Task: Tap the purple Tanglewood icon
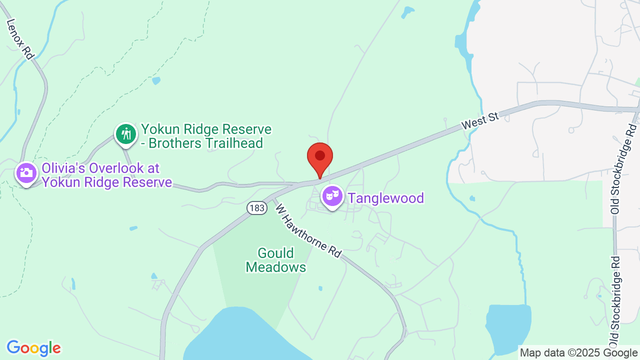tap(331, 196)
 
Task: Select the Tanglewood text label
tap(386, 198)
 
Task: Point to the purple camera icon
tap(26, 173)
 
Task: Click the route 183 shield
tap(257, 208)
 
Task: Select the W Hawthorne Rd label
tap(308, 230)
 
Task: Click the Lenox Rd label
tap(20, 39)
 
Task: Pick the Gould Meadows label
tap(276, 260)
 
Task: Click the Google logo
tap(33, 348)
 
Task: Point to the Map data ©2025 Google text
tap(578, 352)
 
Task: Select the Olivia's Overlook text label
tap(107, 175)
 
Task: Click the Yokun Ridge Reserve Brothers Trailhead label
tap(206, 136)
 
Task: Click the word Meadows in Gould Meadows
tap(276, 267)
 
